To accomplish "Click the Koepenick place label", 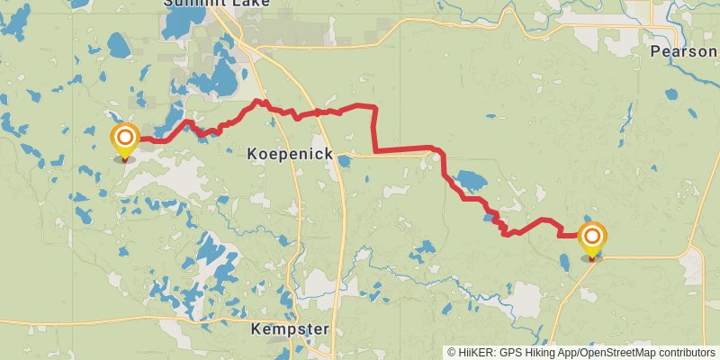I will tap(290, 155).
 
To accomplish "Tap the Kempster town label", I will tap(290, 328).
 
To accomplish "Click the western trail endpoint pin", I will tap(124, 140).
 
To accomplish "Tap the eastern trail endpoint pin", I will tap(592, 239).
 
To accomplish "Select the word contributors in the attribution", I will tap(678, 353).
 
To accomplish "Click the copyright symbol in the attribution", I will tap(452, 353).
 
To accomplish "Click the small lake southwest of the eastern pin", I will tap(563, 263).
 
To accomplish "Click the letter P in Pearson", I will tap(654, 52).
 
